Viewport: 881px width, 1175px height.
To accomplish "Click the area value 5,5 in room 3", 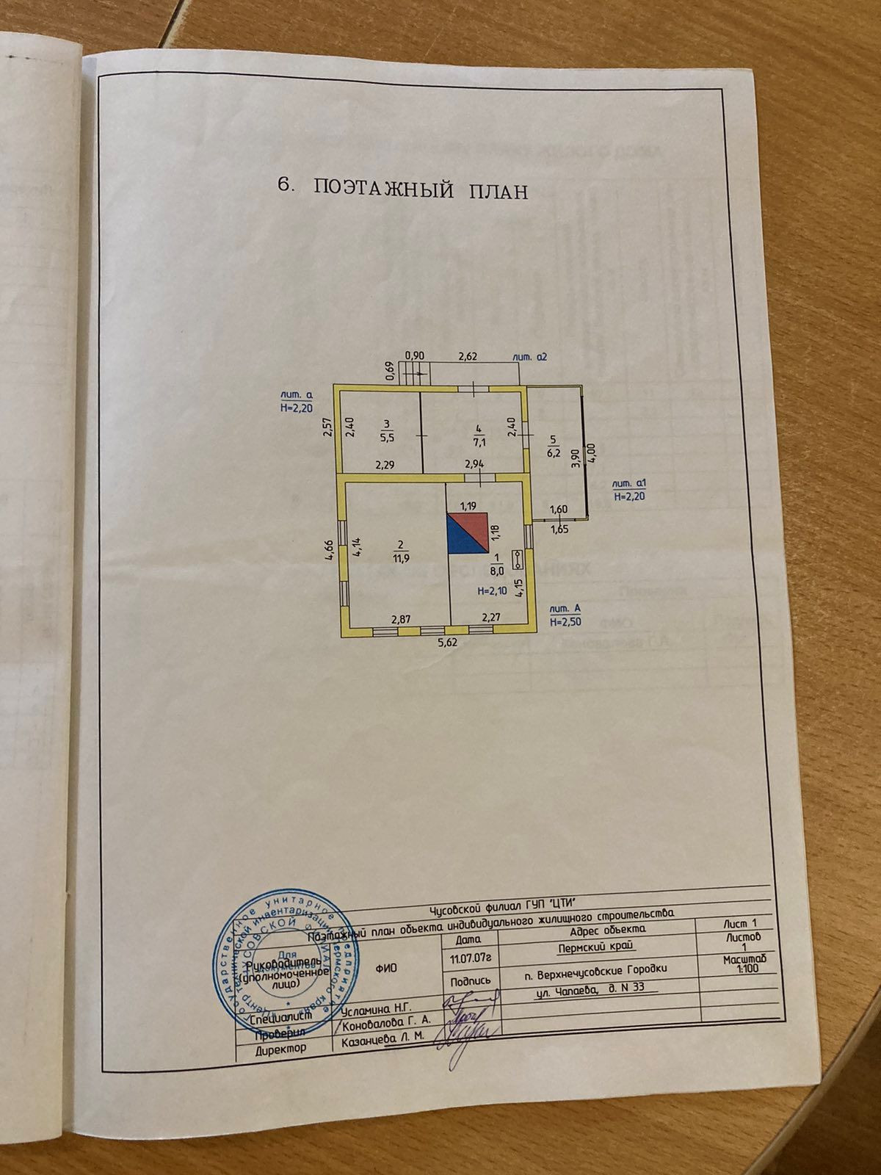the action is [x=386, y=436].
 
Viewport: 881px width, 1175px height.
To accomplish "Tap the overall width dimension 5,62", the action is [x=446, y=642].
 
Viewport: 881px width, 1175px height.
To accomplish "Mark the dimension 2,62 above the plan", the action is [x=468, y=357].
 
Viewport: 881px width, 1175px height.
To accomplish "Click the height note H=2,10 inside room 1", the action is [x=491, y=590].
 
